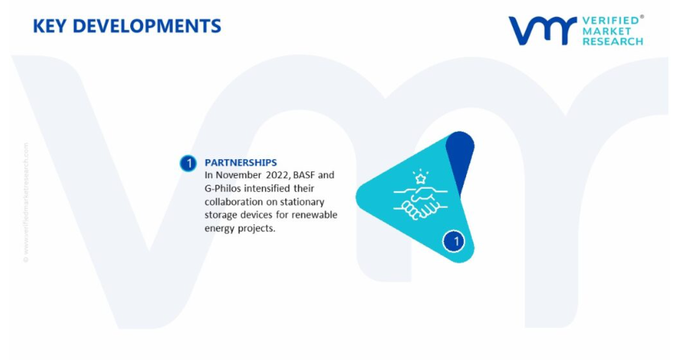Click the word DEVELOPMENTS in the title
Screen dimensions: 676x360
(x=147, y=27)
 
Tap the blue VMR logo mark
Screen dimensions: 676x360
(x=543, y=31)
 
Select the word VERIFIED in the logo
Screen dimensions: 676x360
(x=610, y=21)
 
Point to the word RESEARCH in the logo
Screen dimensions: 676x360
(x=612, y=42)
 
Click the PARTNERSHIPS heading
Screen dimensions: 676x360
(x=240, y=162)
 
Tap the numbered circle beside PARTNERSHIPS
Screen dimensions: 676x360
(x=188, y=163)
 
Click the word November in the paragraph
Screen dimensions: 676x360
(x=239, y=175)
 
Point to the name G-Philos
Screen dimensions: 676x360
(x=223, y=188)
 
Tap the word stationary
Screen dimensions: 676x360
(x=302, y=202)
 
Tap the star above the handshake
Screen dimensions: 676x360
(x=420, y=178)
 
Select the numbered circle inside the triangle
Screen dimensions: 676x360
(x=454, y=241)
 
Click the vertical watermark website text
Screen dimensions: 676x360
(x=26, y=202)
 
